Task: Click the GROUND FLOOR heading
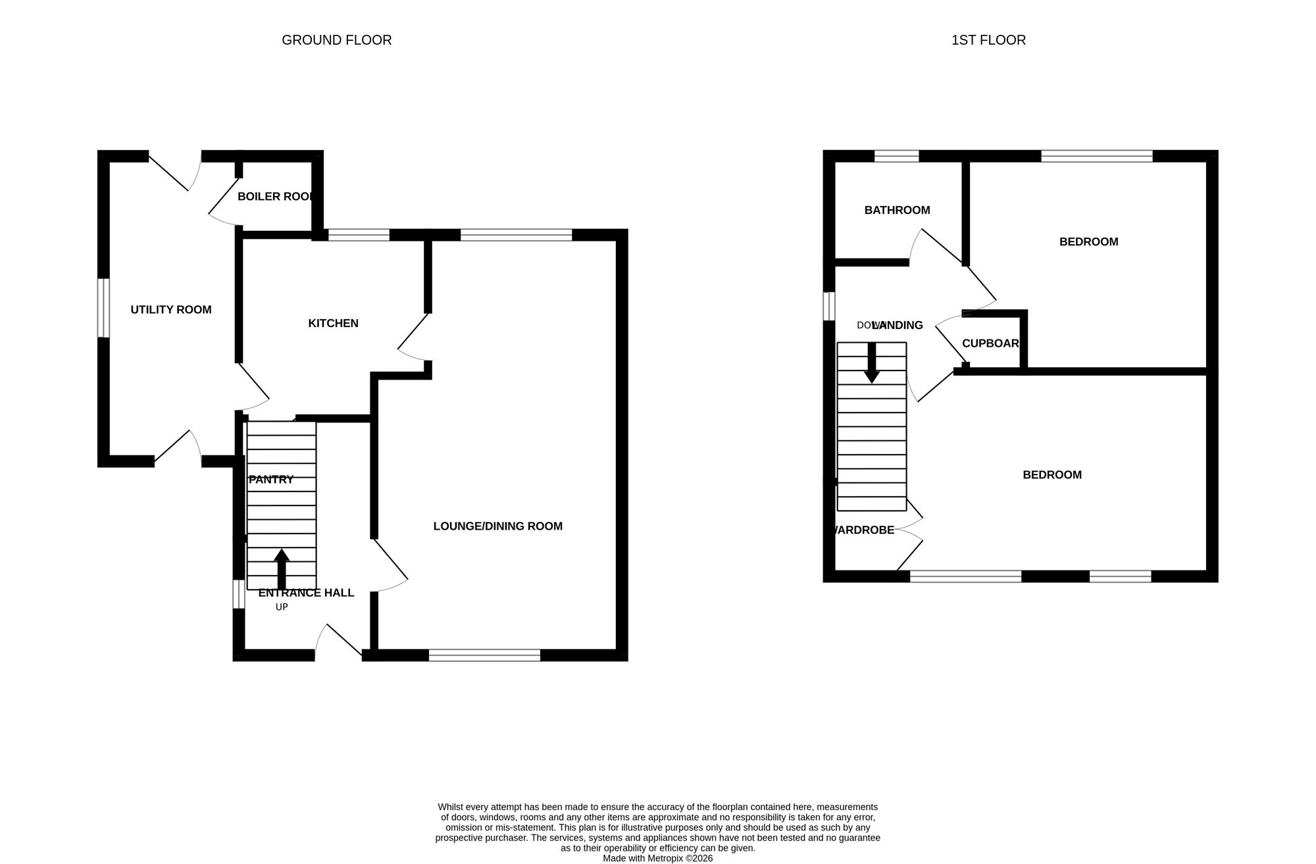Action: pyautogui.click(x=336, y=40)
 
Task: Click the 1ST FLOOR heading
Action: pyautogui.click(x=988, y=40)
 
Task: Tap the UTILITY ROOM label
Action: pyautogui.click(x=171, y=310)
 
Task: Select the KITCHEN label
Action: pyautogui.click(x=333, y=323)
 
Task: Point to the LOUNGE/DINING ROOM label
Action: pyautogui.click(x=497, y=526)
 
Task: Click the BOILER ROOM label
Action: pyautogui.click(x=275, y=197)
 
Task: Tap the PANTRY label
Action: pyautogui.click(x=271, y=480)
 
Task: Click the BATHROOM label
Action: pyautogui.click(x=897, y=211)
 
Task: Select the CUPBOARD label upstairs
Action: pyautogui.click(x=990, y=343)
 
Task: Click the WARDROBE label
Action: pyautogui.click(x=863, y=530)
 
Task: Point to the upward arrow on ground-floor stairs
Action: pyautogui.click(x=282, y=568)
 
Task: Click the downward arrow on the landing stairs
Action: pyautogui.click(x=872, y=363)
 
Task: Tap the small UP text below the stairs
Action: pyautogui.click(x=282, y=607)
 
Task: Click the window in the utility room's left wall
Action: pyautogui.click(x=103, y=308)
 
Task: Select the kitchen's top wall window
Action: pyautogui.click(x=359, y=234)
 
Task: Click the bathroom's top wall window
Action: pyautogui.click(x=896, y=156)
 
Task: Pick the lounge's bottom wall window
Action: pyautogui.click(x=484, y=655)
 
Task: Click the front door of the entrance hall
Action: pyautogui.click(x=339, y=642)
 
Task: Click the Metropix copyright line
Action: pyautogui.click(x=657, y=858)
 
